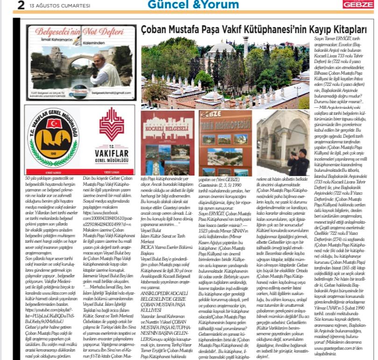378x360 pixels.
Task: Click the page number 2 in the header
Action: (x=8, y=5)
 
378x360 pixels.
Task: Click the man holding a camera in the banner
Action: (x=100, y=70)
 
